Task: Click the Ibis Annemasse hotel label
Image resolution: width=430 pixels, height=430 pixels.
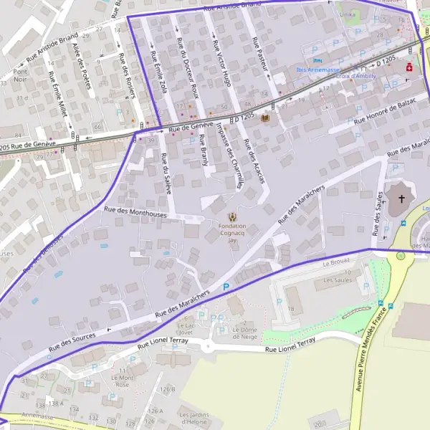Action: click(318, 70)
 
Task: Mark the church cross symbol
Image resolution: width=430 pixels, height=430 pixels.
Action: click(401, 198)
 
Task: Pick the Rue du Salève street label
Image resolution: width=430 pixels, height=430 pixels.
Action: click(166, 175)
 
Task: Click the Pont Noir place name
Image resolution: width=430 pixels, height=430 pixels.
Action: click(20, 76)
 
